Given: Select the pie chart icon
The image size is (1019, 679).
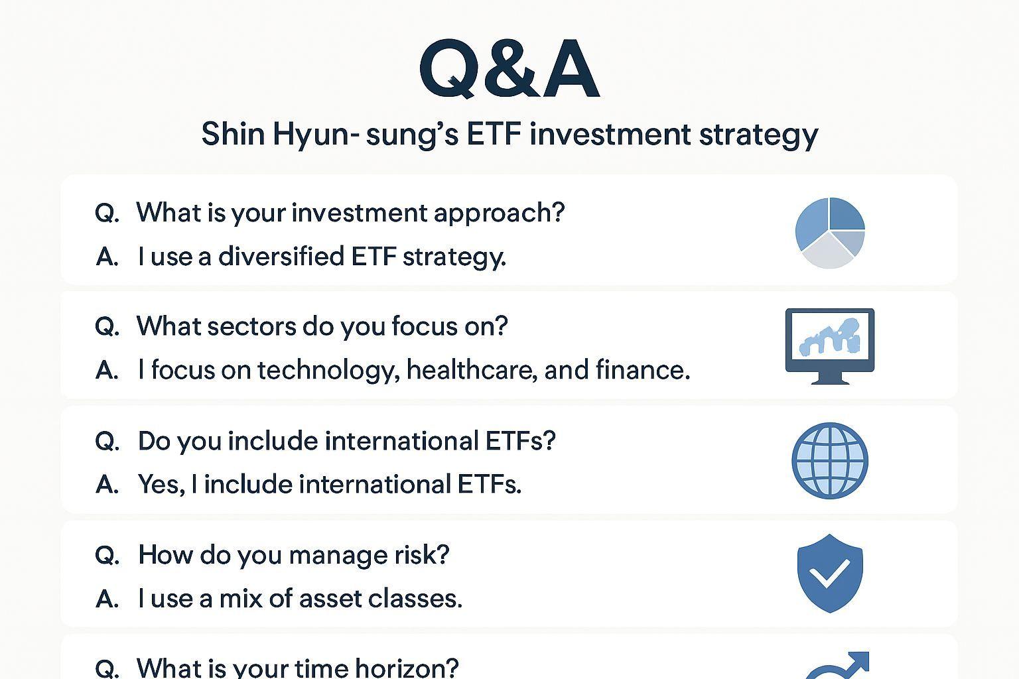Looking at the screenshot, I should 829,233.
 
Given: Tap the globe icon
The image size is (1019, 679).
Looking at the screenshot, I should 829,460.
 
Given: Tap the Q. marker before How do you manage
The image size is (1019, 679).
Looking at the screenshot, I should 107,555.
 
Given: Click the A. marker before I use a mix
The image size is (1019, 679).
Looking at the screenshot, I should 107,599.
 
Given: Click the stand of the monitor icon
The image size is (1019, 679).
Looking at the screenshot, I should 829,379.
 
